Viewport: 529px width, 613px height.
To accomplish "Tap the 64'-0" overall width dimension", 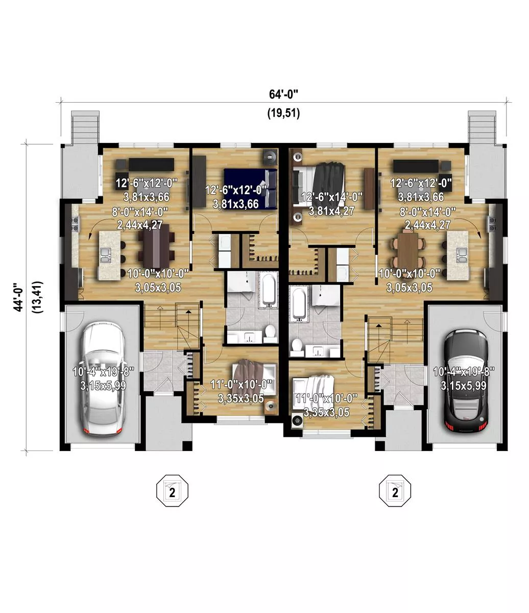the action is (283, 95).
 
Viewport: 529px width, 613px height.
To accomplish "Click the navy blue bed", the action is (251, 189).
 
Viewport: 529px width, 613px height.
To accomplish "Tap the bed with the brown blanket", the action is (254, 376).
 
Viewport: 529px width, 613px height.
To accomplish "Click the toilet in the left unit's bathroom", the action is (270, 333).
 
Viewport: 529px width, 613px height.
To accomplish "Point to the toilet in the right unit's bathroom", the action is (297, 347).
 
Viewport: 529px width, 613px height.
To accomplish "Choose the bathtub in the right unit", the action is (299, 304).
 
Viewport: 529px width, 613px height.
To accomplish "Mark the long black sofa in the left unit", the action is (151, 164).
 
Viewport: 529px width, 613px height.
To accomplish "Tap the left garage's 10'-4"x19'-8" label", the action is (103, 371).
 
